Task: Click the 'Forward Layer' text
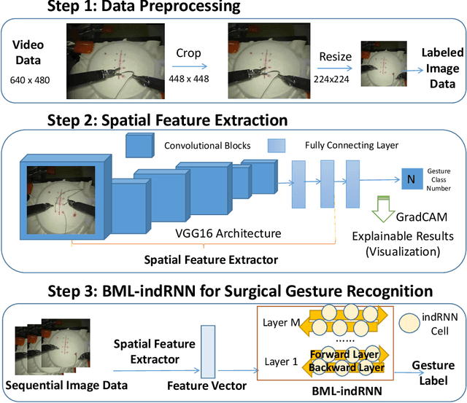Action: click(344, 356)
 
